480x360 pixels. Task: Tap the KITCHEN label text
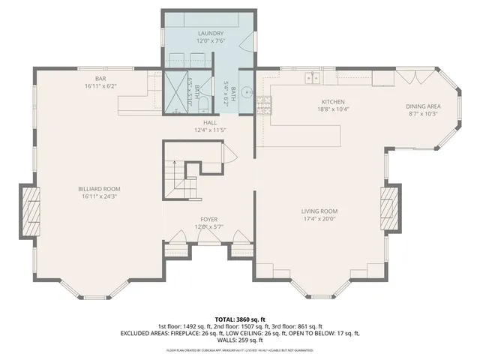332,101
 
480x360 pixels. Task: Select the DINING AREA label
423,106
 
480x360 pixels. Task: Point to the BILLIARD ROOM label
99,189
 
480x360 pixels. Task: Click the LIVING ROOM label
319,211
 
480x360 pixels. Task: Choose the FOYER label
208,219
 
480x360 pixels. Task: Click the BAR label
100,79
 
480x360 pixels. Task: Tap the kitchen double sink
313,76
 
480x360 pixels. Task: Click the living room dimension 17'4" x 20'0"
319,220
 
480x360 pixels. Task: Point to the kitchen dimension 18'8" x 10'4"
332,109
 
